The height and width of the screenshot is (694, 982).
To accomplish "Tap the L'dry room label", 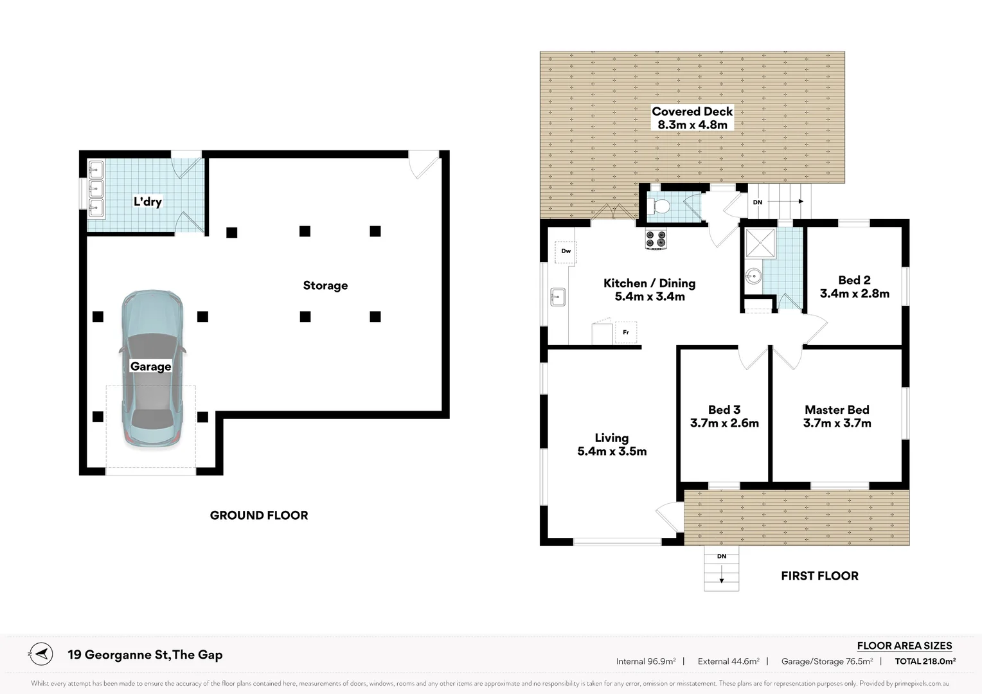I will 147,201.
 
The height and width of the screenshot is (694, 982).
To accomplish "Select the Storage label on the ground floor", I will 325,285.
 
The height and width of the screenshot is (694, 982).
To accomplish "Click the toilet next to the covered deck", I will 659,206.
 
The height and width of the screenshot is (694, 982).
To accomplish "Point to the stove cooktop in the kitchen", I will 656,239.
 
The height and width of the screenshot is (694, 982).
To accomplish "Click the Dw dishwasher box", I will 566,251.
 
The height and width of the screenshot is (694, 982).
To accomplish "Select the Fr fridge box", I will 625,332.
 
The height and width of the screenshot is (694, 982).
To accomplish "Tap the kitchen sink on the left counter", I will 557,297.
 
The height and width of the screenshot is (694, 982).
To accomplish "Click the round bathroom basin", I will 753,277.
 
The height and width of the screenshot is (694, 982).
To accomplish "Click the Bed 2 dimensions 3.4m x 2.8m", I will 854,294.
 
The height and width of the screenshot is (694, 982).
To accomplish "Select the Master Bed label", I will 837,409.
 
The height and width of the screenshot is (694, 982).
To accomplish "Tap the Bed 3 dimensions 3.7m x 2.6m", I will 724,423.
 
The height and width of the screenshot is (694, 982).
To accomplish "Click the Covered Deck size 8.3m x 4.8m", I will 692,125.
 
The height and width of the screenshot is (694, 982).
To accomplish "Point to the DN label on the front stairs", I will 722,556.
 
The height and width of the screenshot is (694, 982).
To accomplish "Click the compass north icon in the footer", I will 40,654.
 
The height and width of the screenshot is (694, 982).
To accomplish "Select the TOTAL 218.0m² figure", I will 925,661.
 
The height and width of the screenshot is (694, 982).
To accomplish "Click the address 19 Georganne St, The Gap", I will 145,655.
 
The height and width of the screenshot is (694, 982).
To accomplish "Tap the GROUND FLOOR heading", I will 259,515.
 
